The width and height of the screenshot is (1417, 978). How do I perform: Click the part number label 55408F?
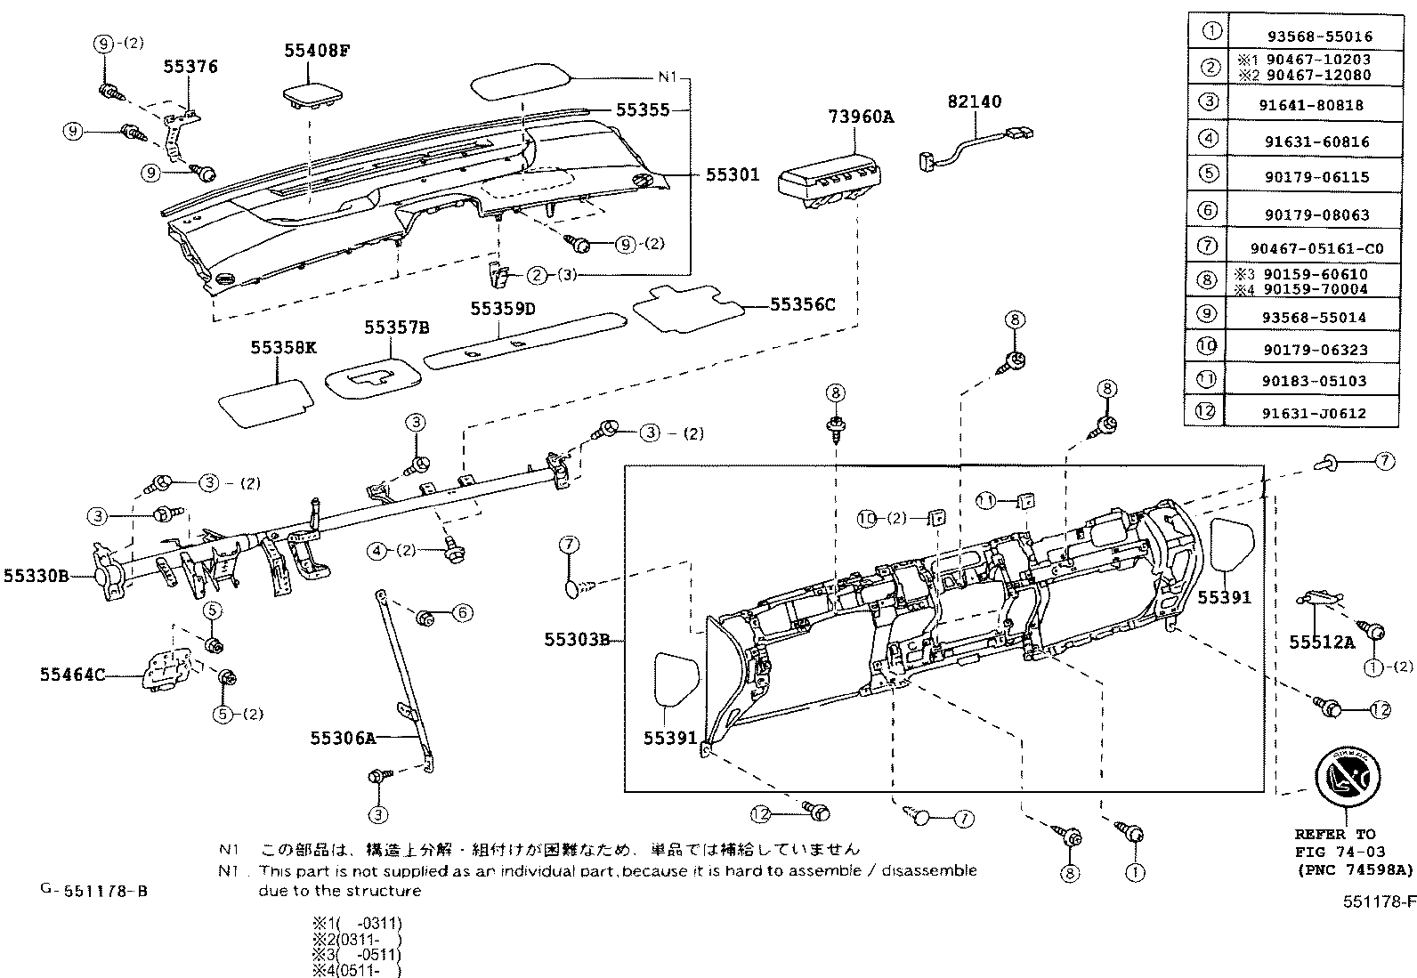(x=317, y=51)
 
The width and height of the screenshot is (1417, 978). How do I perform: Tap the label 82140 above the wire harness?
(x=974, y=101)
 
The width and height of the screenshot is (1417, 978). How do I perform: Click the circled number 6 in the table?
(x=1208, y=211)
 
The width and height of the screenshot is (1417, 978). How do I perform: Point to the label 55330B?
(x=36, y=576)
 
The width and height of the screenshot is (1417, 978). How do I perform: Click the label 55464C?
(x=71, y=675)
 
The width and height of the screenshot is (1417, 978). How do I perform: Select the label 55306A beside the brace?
(x=343, y=737)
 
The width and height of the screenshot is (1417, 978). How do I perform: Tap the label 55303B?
(x=577, y=639)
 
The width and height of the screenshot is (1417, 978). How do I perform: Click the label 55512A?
(x=1322, y=642)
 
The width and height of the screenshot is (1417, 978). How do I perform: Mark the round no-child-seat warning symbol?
(x=1346, y=777)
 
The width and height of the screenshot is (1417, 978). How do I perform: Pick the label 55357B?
(x=396, y=327)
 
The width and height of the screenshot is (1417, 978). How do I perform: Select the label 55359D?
(x=503, y=308)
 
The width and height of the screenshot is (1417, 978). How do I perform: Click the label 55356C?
(x=802, y=304)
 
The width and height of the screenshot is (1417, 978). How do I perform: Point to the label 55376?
(x=190, y=67)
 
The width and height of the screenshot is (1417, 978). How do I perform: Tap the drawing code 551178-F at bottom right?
(x=1379, y=901)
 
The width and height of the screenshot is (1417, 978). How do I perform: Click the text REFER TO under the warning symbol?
(x=1334, y=835)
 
